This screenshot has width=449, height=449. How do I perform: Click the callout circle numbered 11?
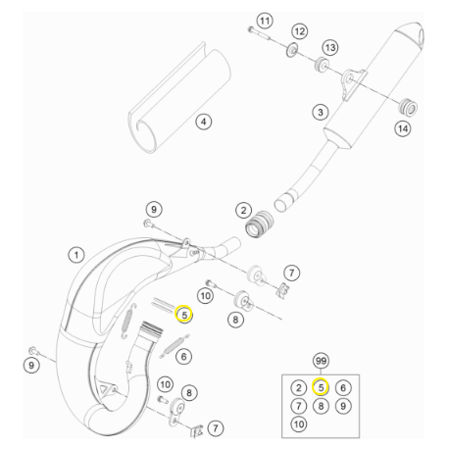(x=264, y=21)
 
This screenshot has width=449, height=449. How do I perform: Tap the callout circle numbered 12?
(x=299, y=31)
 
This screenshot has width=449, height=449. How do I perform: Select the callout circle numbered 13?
(x=329, y=48)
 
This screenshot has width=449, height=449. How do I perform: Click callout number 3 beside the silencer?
(x=320, y=112)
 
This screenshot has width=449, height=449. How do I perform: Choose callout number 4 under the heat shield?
(x=203, y=123)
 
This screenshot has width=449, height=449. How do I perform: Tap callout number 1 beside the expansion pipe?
(x=75, y=255)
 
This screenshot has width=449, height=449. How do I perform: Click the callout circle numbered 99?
(x=320, y=361)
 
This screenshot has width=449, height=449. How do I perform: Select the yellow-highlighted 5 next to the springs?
(x=182, y=315)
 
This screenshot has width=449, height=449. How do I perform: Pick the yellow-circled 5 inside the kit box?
(x=320, y=387)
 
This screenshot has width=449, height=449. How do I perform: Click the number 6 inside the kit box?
(x=341, y=387)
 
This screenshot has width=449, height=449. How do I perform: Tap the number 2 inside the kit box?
(x=298, y=387)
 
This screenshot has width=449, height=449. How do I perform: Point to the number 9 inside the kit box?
(x=341, y=406)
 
